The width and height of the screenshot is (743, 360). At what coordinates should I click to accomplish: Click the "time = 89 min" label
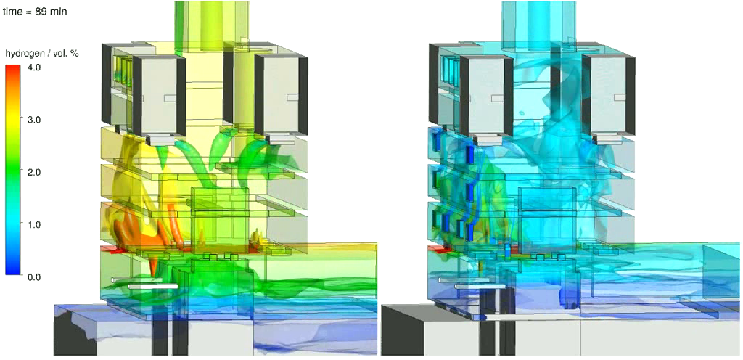point(35,12)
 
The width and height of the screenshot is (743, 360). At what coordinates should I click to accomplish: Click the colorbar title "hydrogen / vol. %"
point(41,54)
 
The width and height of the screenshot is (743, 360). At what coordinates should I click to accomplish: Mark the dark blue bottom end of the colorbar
point(13,271)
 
